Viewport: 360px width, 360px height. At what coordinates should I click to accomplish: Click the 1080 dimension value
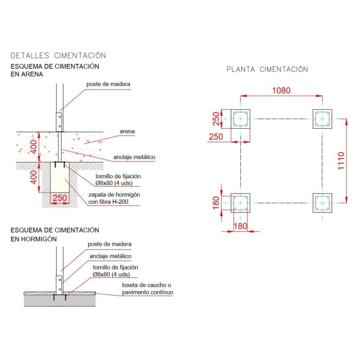click(281, 90)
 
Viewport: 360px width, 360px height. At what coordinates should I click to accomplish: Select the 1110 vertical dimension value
click(341, 161)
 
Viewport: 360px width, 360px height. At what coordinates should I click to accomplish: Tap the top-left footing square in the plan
click(240, 119)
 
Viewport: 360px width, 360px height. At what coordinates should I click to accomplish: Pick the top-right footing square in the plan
click(322, 119)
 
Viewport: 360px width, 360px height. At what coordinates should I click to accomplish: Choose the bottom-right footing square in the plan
click(322, 203)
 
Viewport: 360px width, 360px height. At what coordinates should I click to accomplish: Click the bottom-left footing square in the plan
click(240, 203)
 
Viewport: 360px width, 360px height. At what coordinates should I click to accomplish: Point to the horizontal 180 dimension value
click(240, 226)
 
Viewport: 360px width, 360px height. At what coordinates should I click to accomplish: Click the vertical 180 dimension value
click(216, 203)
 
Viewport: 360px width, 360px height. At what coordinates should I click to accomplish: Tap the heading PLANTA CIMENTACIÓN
click(267, 69)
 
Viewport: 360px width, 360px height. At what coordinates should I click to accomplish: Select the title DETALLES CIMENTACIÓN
click(58, 55)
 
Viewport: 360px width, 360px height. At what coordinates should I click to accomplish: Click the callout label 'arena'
click(127, 131)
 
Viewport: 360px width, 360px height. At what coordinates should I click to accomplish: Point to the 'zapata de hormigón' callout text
click(114, 195)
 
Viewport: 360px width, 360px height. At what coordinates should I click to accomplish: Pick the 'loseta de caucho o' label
click(147, 285)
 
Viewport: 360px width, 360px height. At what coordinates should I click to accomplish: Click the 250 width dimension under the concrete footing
click(60, 198)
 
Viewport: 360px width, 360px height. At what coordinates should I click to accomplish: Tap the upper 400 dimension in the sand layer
click(34, 147)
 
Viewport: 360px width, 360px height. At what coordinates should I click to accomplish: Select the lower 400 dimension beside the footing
click(34, 177)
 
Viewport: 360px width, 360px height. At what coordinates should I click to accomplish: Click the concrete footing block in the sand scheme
click(60, 177)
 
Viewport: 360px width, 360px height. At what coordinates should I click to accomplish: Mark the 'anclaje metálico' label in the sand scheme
click(134, 157)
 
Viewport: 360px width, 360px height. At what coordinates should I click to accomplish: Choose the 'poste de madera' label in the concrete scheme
click(109, 244)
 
